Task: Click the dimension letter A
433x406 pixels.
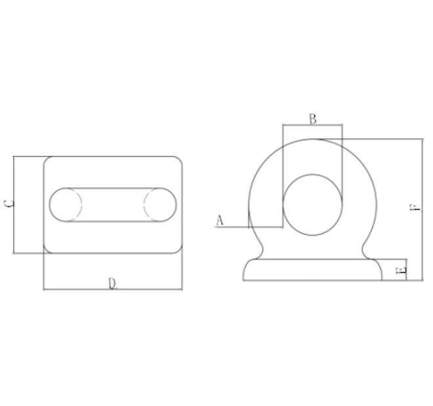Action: (x=220, y=221)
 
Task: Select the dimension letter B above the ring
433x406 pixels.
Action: (x=312, y=119)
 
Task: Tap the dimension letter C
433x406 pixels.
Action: (x=8, y=204)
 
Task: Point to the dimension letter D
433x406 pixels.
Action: (x=112, y=283)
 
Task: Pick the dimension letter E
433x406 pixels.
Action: (x=402, y=269)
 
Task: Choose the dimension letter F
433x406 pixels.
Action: (x=413, y=208)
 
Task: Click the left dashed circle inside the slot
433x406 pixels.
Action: (x=66, y=205)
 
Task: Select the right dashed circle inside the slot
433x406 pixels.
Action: (x=159, y=205)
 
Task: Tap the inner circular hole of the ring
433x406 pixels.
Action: (x=312, y=205)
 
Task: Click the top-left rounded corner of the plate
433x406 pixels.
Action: (x=47, y=160)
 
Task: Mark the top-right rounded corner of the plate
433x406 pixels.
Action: (x=178, y=160)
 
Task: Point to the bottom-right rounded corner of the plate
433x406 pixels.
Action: (x=178, y=249)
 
